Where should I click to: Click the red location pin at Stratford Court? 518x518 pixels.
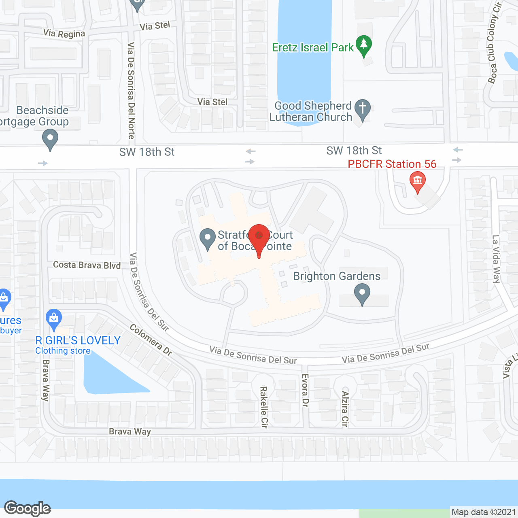coord(259,237)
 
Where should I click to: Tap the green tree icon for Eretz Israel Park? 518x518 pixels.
coord(364,45)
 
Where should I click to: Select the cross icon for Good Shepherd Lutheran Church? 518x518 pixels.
coord(363,109)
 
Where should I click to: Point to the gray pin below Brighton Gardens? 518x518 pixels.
coord(362,293)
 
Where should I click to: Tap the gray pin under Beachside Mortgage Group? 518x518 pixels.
coord(50,138)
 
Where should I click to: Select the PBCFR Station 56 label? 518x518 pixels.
coord(392,164)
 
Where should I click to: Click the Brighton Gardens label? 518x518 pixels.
coord(337,276)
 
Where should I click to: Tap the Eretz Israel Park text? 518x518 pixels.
coord(313,47)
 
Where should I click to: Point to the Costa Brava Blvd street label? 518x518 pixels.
coord(87,265)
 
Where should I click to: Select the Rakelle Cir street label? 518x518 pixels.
coord(263,407)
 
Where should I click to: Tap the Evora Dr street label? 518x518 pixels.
coord(305,390)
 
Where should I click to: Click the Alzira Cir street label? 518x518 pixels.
coord(345,409)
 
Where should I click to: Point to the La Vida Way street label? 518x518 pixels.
coord(496,259)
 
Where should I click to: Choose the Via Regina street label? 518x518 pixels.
coord(64,33)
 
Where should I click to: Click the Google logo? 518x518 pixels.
coord(28,508)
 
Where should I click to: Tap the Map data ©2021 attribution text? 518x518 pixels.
coord(484,512)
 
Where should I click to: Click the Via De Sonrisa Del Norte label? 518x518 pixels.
coord(131,91)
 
